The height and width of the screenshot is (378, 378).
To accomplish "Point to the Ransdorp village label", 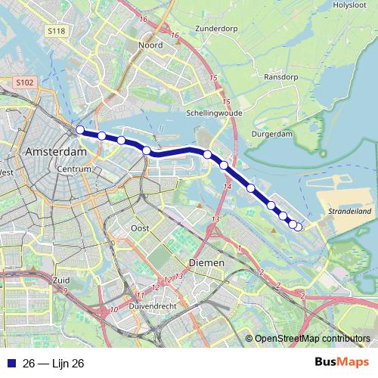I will point(280,77).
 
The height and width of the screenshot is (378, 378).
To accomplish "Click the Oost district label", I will point(139,228).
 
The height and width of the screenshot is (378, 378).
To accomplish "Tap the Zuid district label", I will point(40,280).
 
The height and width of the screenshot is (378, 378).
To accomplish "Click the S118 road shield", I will point(55,32).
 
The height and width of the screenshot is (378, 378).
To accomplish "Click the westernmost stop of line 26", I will point(80,130).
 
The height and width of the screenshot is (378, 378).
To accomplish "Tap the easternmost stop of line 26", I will point(298,227).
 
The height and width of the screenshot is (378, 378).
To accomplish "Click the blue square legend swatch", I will point(11,363).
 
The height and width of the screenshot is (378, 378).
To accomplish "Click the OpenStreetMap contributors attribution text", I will point(311,339).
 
